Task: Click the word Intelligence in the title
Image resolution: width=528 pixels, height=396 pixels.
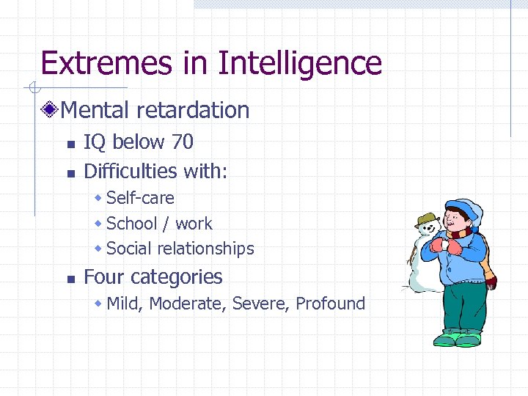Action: click(x=300, y=63)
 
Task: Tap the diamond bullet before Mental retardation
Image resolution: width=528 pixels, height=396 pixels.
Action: click(x=51, y=111)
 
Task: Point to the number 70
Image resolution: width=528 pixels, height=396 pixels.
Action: click(x=183, y=142)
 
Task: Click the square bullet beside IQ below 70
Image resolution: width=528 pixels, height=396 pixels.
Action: click(x=70, y=144)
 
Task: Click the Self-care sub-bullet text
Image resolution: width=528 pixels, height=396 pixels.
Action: click(x=140, y=198)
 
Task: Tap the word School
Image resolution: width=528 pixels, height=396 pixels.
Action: click(x=132, y=224)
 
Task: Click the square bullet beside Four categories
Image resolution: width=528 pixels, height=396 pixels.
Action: click(x=70, y=279)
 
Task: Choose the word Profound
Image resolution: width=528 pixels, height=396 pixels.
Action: click(x=330, y=304)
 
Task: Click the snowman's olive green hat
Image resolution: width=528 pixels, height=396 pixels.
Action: click(x=426, y=221)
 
